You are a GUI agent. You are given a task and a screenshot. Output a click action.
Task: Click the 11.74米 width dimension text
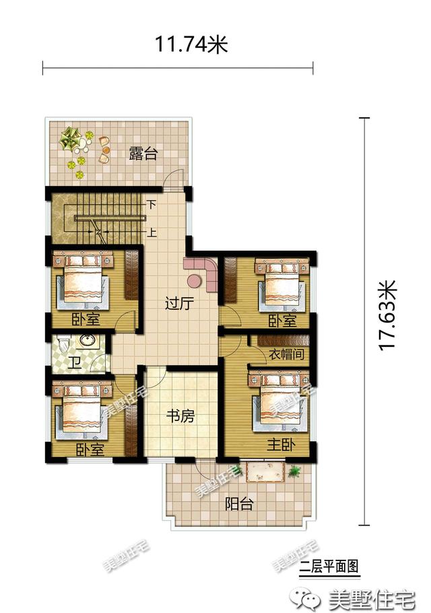191,44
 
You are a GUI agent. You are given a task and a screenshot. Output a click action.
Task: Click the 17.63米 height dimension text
388,315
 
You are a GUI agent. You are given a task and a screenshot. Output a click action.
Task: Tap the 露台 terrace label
143,154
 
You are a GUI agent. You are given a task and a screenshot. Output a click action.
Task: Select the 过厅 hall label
179,304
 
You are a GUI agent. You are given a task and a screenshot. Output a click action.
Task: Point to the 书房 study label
180,416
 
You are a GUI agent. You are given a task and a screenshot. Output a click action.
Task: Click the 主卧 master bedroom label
281,445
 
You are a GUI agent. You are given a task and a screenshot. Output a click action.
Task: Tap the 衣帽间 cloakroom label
286,354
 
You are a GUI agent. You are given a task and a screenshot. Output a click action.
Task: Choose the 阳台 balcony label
239,504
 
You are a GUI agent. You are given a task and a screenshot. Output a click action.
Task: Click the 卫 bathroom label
74,362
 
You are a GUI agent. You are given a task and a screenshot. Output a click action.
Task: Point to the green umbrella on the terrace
70,137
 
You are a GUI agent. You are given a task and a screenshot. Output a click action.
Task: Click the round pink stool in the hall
195,280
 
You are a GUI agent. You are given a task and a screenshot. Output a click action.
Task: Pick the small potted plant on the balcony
294,471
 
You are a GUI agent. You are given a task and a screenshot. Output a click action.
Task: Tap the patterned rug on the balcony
264,472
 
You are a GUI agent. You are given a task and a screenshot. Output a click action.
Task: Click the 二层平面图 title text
329,566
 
